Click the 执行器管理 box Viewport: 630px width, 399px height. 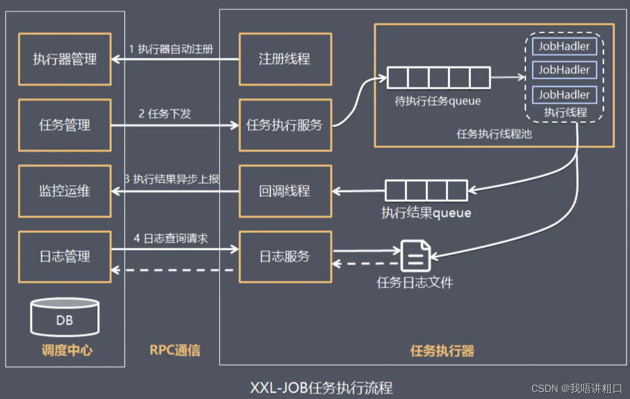[65, 59]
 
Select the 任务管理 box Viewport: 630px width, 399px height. [65, 125]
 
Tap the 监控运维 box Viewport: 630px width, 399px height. [65, 191]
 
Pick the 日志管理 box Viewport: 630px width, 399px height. [65, 257]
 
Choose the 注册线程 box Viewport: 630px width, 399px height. [285, 59]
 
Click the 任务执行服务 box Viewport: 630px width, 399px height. [285, 125]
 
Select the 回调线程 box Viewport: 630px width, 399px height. [285, 191]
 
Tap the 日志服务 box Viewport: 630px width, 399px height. [285, 257]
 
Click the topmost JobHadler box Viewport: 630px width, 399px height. [564, 46]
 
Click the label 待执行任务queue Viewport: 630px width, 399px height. [437, 101]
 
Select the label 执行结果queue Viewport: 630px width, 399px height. [426, 213]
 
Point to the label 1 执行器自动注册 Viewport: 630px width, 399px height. [171, 49]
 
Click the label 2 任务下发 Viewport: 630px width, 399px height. [165, 113]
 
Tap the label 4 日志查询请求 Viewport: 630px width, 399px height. [171, 238]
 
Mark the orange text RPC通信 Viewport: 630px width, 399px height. [175, 350]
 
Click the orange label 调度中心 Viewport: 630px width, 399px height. [67, 350]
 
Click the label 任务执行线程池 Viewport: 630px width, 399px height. [494, 134]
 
